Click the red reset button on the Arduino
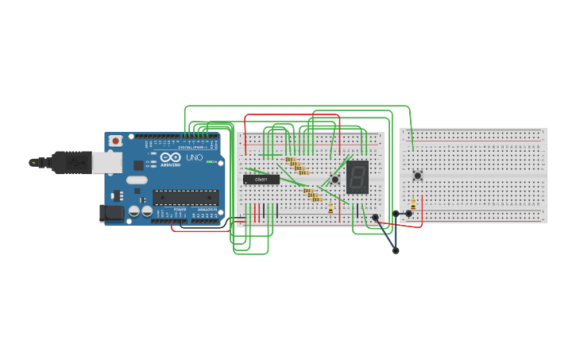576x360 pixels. tap(115, 141)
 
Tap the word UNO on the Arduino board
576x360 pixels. tap(194, 157)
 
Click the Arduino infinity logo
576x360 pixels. tap(170, 157)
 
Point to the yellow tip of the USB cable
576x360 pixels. tap(33, 162)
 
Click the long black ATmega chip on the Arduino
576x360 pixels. tap(185, 196)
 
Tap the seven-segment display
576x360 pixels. tap(358, 177)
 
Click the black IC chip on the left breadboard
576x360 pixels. tap(261, 180)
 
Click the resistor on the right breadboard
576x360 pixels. tap(413, 204)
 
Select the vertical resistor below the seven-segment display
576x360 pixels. tap(331, 208)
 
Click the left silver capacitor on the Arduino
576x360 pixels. tap(134, 211)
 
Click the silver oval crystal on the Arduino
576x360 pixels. tap(136, 180)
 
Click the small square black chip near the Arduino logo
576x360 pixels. tap(138, 165)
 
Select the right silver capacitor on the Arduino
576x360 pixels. tap(147, 211)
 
